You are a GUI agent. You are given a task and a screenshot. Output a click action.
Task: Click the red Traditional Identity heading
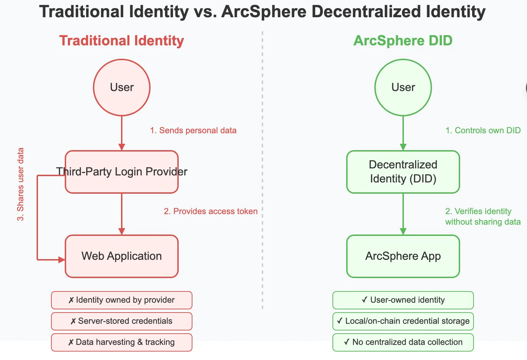pos(122,41)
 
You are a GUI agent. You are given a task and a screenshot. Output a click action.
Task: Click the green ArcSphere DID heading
pos(403,41)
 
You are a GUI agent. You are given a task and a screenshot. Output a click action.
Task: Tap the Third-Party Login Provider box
pos(122,172)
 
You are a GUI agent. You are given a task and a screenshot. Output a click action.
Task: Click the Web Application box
pos(122,256)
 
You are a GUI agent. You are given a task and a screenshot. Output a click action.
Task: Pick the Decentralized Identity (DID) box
pos(403,172)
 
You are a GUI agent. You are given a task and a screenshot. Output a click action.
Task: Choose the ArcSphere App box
pos(403,256)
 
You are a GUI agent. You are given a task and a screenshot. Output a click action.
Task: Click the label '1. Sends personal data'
pos(193,130)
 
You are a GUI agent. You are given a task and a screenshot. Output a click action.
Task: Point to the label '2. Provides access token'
pos(211,211)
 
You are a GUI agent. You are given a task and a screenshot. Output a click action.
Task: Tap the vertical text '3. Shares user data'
pos(20,184)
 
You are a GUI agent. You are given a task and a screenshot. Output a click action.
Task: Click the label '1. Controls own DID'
pos(483,130)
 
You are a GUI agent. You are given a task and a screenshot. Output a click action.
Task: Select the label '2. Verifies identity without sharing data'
pos(483,216)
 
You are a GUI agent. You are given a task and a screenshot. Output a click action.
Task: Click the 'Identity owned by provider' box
pos(122,300)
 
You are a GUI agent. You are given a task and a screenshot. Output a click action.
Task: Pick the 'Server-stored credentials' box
pos(122,321)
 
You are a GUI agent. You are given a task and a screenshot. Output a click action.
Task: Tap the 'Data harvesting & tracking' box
pos(122,342)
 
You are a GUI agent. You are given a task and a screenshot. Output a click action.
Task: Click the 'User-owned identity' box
pos(403,300)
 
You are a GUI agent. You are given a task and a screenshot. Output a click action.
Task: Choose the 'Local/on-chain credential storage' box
pos(403,321)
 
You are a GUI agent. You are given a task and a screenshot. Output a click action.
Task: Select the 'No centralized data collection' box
pos(403,342)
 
